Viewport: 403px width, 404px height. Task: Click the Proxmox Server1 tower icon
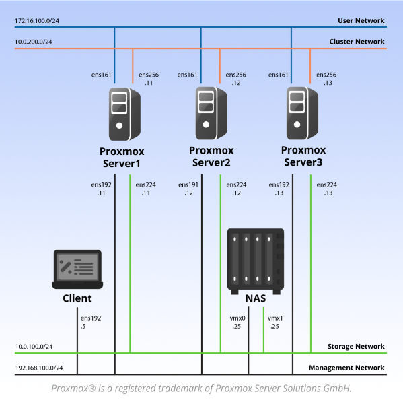119,112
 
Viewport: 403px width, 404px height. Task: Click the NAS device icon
255,260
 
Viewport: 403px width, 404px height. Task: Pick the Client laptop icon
77,270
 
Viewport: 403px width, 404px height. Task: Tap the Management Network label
346,368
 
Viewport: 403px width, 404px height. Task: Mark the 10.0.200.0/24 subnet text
34,42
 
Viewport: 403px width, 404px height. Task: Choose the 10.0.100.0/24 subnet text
34,347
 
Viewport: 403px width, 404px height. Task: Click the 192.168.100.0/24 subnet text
38,368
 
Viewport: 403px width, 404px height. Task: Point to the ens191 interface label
188,184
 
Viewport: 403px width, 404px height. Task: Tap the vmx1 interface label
275,318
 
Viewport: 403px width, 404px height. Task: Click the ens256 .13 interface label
327,79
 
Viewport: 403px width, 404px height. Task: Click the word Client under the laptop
77,298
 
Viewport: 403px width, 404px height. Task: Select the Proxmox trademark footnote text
201,389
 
